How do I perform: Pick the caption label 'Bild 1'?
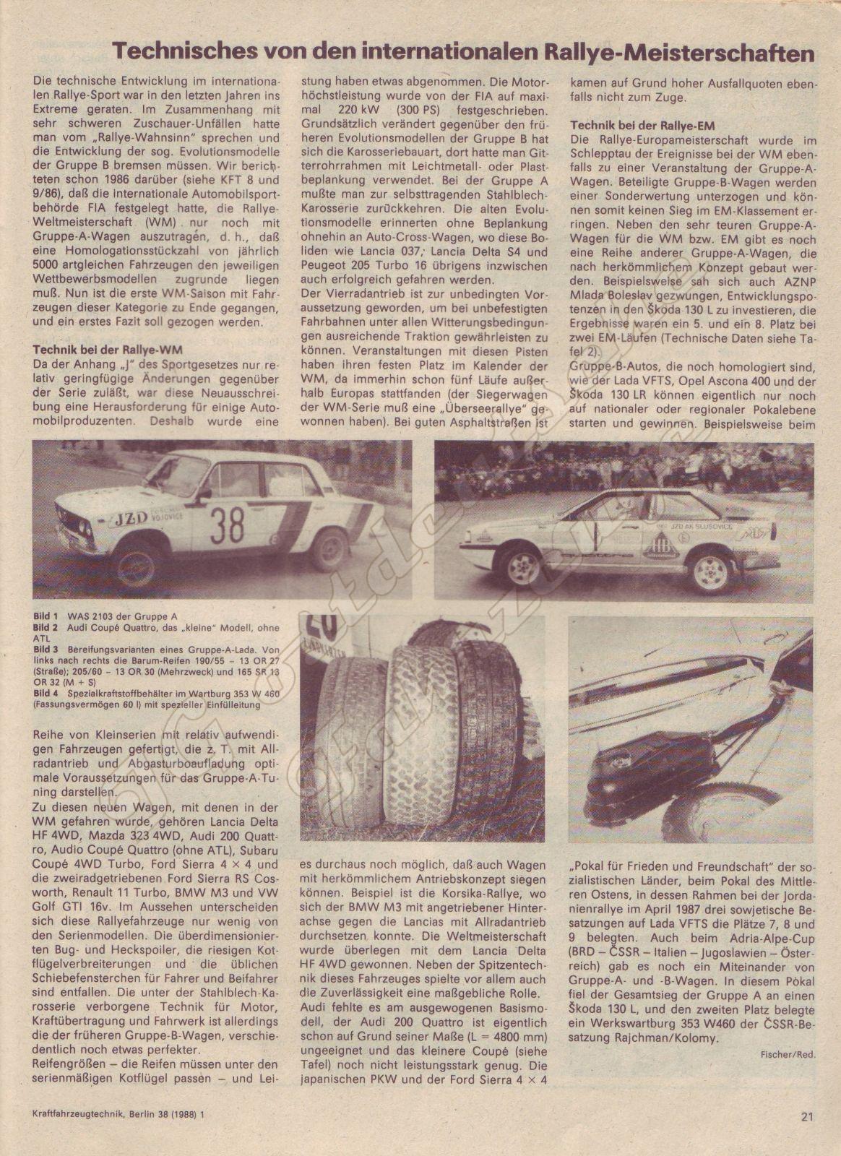click(x=46, y=616)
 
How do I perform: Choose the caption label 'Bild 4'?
click(x=46, y=692)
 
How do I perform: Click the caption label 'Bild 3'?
click(x=46, y=650)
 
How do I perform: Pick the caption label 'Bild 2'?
click(x=46, y=628)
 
